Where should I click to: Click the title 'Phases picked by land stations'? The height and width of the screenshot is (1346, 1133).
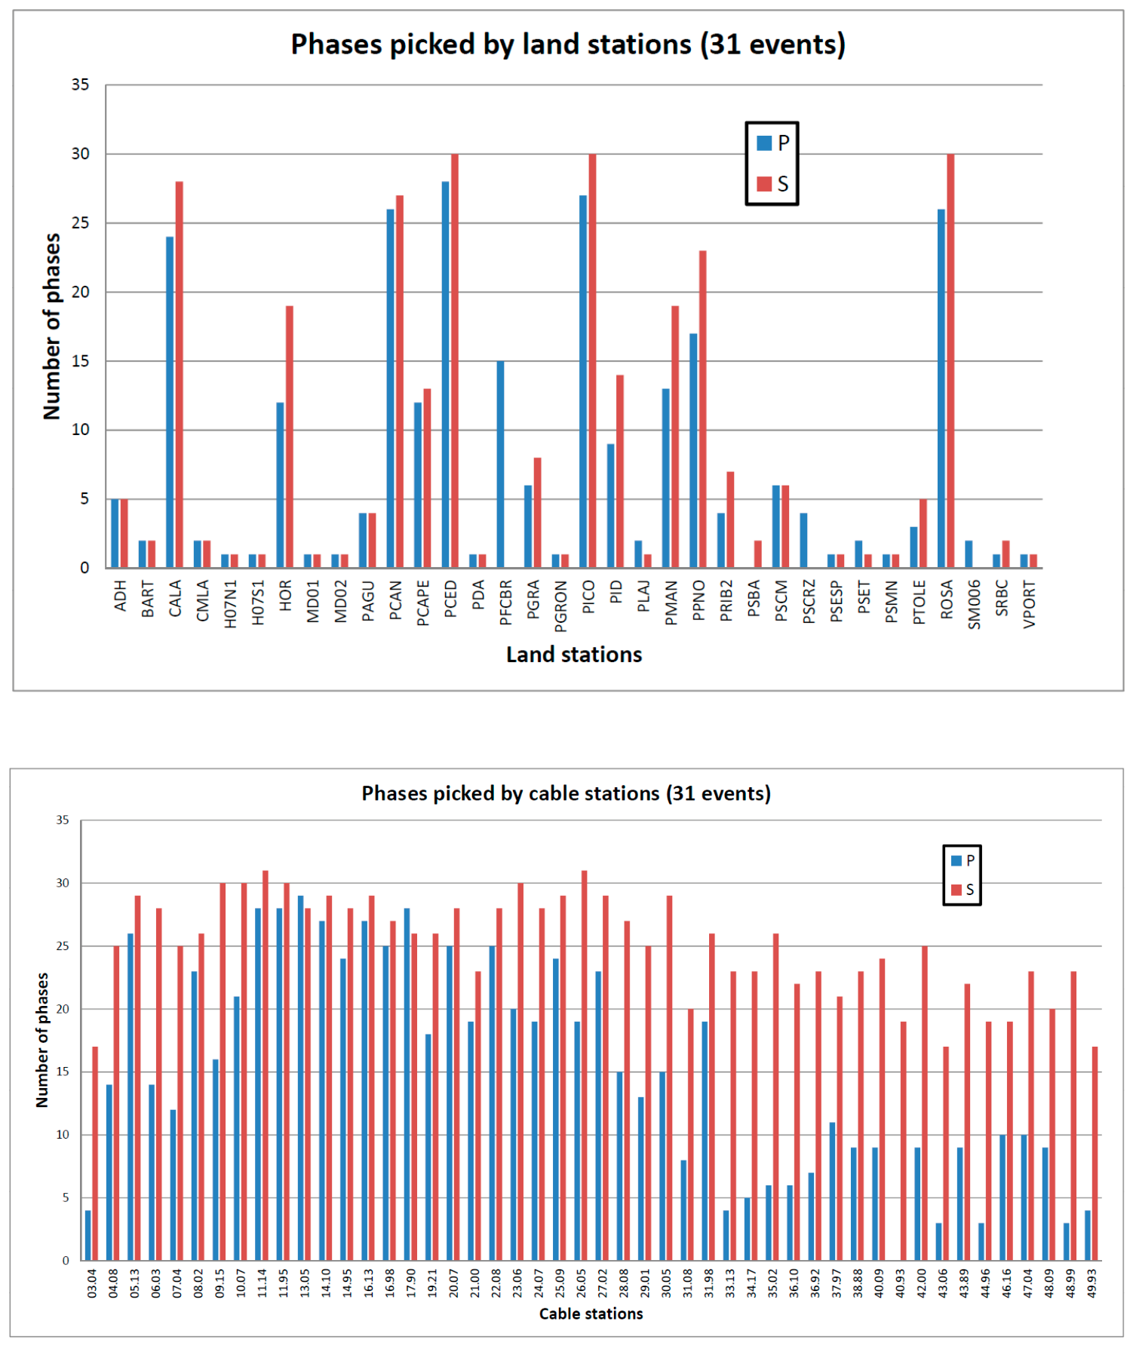tap(492, 44)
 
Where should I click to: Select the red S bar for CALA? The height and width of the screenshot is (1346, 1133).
tap(180, 375)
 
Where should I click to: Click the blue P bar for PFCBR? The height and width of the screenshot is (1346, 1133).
tap(501, 465)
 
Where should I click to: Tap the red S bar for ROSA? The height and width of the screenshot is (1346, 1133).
tap(950, 360)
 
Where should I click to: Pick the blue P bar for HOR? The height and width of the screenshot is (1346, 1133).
tap(280, 485)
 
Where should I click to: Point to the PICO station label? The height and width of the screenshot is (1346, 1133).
tap(588, 597)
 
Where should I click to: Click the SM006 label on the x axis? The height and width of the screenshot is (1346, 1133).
tap(974, 604)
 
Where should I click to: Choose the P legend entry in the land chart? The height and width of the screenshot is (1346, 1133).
tap(773, 143)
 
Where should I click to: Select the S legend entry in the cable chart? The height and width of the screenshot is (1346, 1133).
tap(963, 890)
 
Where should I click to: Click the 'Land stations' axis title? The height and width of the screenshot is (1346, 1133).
tap(574, 655)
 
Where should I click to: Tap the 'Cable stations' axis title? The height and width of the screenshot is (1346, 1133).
tap(591, 1314)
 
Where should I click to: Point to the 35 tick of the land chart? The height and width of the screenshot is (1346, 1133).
tap(81, 84)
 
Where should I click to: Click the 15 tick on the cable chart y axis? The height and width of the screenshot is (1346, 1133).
tap(63, 1072)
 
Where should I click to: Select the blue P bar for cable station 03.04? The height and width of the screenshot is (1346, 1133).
tap(88, 1235)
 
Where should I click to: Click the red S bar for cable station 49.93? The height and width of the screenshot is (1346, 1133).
tap(1095, 1154)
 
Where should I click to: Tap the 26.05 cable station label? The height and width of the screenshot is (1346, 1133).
tap(581, 1282)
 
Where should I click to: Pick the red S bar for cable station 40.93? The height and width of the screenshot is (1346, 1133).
tap(904, 1141)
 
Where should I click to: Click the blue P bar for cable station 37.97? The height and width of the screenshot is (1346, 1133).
tap(833, 1191)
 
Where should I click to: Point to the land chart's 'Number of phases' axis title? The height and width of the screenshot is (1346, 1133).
tap(51, 327)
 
